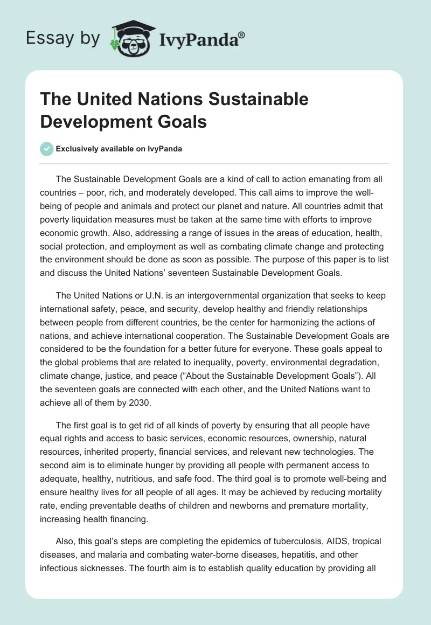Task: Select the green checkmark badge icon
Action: pos(47,149)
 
